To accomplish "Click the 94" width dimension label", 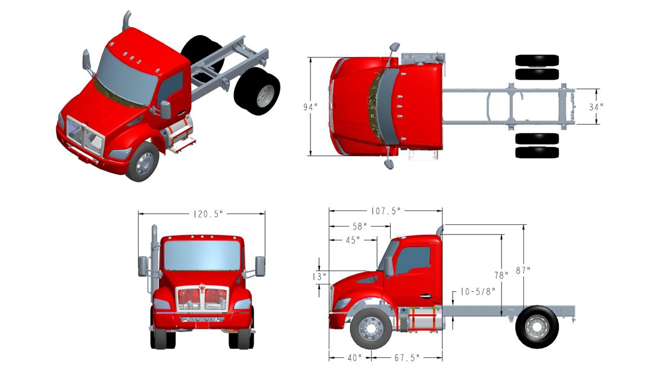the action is (310, 107).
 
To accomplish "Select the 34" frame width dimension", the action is (596, 107).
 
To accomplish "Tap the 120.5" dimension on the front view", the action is (208, 214).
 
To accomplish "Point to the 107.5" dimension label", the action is (386, 211).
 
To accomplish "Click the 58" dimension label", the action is (359, 227).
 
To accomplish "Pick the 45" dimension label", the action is (353, 240).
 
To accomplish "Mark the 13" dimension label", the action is (319, 276).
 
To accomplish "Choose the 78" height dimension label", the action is (501, 275).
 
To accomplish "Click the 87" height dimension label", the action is (523, 271).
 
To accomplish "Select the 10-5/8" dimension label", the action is (477, 292).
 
